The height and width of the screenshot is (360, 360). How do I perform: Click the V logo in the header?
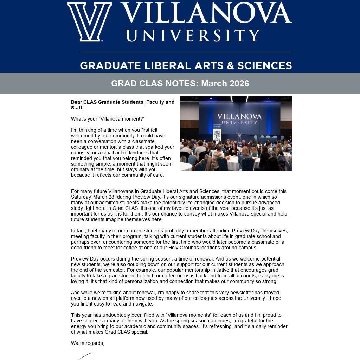90,22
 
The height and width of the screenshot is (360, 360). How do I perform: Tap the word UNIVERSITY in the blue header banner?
193,36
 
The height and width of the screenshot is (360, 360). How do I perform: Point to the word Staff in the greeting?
77,108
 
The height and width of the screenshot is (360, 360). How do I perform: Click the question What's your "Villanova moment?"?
108,119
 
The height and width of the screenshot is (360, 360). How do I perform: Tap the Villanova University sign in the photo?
239,118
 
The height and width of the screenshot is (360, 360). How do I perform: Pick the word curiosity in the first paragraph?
82,153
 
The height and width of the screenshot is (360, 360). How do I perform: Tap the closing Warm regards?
88,343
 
